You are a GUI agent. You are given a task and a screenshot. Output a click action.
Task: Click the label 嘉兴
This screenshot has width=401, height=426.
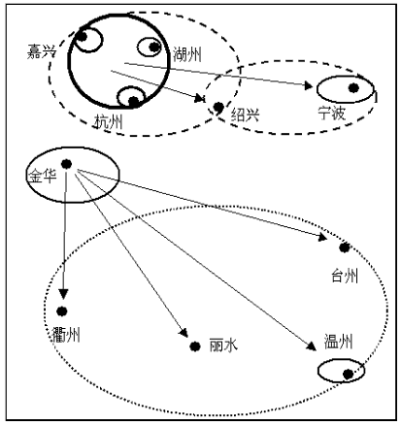coord(42,51)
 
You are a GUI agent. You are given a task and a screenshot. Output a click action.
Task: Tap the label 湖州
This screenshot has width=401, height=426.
coord(187,54)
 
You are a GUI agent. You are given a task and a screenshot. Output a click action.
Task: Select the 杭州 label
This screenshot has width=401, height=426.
coord(109,122)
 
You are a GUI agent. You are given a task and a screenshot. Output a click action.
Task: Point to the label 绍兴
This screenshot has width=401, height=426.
coord(245,115)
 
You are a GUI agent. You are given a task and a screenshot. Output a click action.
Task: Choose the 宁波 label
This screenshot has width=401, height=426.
coord(332,113)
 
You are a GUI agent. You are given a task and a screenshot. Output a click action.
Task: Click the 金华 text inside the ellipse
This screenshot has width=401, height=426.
coord(43,177)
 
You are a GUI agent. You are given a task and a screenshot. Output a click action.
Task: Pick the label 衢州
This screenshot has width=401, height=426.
coord(66,335)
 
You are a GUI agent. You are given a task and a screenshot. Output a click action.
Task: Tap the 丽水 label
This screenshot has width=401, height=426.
coord(223,345)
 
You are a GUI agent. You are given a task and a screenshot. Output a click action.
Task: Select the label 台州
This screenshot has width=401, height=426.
coord(345,277)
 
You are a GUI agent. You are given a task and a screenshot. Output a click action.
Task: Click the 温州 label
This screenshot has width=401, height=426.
coord(338,342)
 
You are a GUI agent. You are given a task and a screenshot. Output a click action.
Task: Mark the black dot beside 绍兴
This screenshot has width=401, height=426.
coord(218,107)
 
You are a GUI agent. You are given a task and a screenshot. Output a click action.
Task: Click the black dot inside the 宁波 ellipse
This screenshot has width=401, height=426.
coord(353,87)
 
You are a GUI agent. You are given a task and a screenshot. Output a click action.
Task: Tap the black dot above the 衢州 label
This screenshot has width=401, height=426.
coord(61,311)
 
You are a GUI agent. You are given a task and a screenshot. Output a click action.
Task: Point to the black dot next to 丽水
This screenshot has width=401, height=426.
coord(194,346)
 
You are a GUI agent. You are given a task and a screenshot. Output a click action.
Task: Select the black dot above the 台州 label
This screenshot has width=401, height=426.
coord(345,247)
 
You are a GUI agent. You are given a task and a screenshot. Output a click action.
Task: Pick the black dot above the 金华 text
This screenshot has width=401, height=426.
coord(66,164)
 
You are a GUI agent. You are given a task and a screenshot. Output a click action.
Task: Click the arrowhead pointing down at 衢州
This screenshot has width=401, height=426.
coord(63,294)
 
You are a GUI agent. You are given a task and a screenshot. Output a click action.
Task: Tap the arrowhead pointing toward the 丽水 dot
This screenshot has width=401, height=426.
coord(184,333)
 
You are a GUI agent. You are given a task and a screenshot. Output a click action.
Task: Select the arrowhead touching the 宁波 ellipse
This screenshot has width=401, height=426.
coord(308,85)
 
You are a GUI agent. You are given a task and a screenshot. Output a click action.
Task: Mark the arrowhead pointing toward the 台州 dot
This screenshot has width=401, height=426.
coord(322,237)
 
